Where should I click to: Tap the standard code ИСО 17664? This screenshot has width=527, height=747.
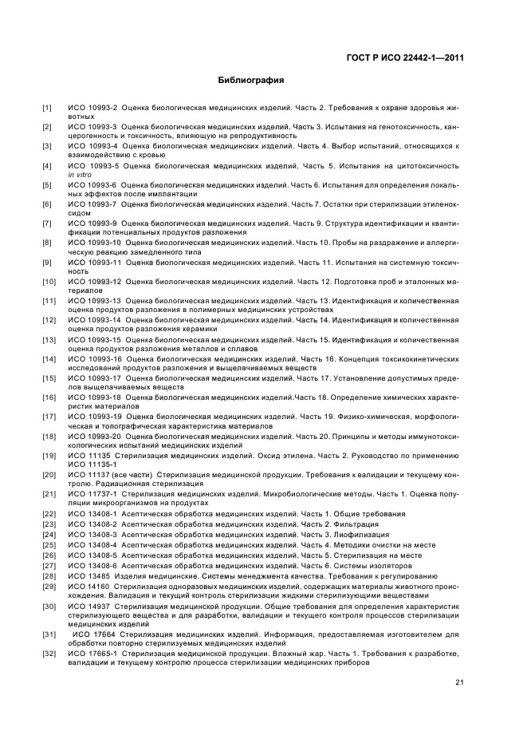coord(90,634)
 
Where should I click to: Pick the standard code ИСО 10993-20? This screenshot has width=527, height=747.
coord(94,437)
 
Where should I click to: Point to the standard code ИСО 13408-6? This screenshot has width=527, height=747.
coord(92,565)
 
